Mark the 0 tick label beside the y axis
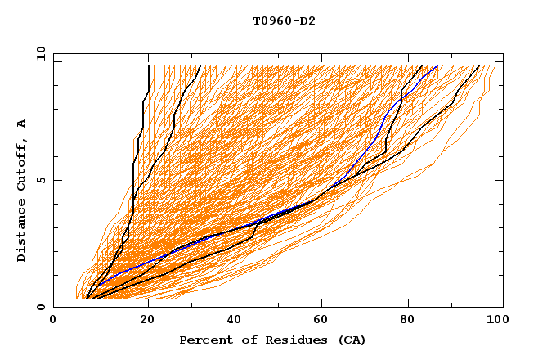(41, 307)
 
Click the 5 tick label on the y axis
(41, 180)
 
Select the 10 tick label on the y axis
(38, 53)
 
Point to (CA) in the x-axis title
(352, 340)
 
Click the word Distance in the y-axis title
(21, 231)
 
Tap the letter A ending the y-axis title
(21, 124)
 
